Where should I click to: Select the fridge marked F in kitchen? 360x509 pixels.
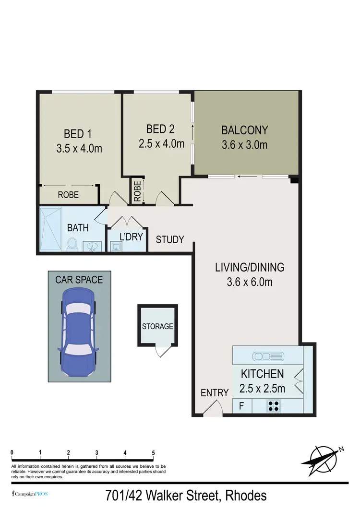click(x=241, y=406)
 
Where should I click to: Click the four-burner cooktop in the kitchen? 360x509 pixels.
click(x=274, y=406)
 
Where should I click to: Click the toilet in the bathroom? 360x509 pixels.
click(x=72, y=244)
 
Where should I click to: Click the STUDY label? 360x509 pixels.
click(x=170, y=239)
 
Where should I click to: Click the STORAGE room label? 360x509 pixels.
click(x=157, y=326)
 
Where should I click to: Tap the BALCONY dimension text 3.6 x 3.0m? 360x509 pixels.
click(x=244, y=144)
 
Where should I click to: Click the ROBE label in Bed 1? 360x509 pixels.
click(x=68, y=195)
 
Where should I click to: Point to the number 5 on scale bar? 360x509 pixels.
click(x=153, y=452)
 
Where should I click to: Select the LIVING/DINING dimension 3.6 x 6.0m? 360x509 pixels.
click(x=250, y=282)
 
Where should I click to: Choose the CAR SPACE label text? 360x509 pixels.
click(x=79, y=279)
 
